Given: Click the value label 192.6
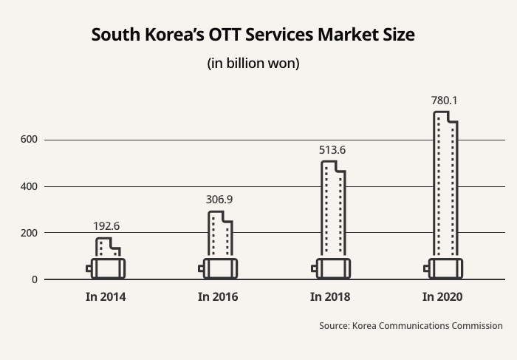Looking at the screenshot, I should click(106, 225).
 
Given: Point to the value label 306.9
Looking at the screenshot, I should click(219, 199).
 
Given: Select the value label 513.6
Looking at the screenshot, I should click(332, 150).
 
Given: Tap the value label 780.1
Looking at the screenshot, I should click(445, 100).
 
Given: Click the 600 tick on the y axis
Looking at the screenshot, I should click(29, 140).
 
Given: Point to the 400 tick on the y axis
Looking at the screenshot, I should click(29, 186).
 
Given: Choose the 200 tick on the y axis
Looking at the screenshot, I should click(29, 233).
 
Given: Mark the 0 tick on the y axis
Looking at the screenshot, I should click(34, 279).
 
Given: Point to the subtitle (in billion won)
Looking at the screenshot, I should click(253, 64).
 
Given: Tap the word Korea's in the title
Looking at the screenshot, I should click(171, 35).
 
